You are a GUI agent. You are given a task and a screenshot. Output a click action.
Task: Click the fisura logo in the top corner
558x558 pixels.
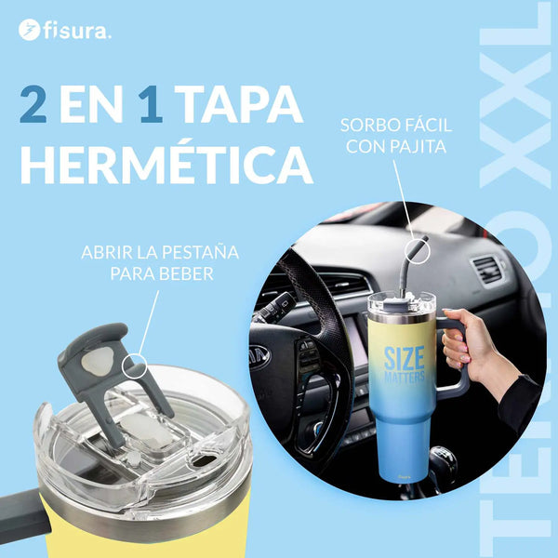click(64, 31)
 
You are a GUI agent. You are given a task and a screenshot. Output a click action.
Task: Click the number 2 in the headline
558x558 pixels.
click(35, 105)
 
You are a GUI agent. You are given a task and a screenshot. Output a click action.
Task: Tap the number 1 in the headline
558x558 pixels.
click(150, 105)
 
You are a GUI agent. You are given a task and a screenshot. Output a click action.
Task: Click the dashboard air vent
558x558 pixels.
click(487, 271)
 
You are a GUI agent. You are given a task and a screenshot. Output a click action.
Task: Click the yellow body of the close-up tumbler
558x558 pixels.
click(139, 535)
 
